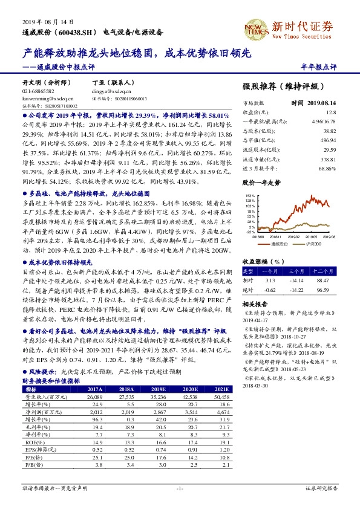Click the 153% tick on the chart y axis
click(250, 196)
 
